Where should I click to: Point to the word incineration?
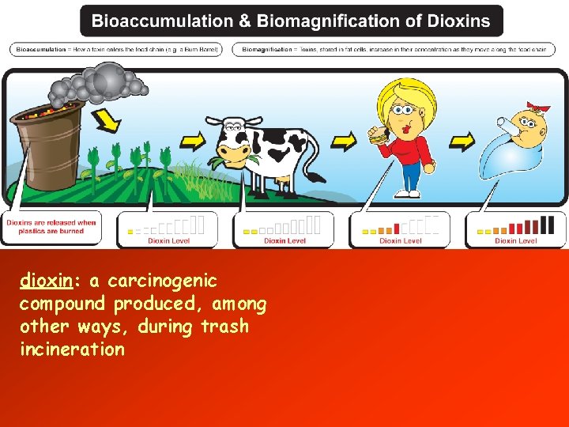(x=72, y=350)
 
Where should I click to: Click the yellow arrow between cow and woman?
(x=343, y=142)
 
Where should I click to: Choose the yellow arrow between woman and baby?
(x=462, y=142)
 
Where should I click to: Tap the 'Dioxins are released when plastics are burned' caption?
(x=51, y=227)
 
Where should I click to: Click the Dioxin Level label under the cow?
(x=284, y=240)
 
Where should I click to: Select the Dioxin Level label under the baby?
(x=515, y=240)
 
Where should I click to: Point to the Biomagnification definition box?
(x=394, y=49)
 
